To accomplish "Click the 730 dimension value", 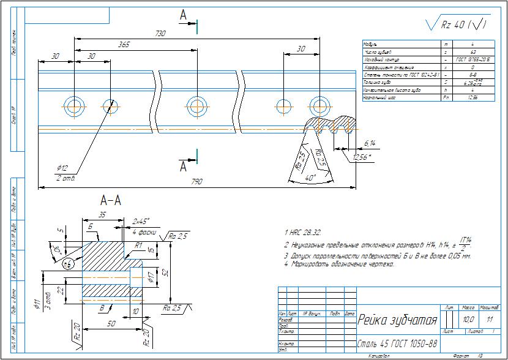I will [x=161, y=34].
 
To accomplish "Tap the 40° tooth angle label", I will [x=310, y=177].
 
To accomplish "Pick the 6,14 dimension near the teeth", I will [x=370, y=143].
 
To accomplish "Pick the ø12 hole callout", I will [x=61, y=168].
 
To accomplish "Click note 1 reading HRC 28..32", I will [x=304, y=233].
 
